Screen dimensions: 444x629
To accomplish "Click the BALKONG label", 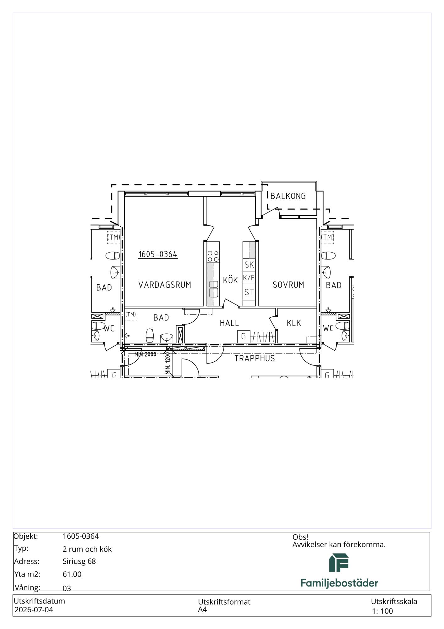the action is [x=288, y=196].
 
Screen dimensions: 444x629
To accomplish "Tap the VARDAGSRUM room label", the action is [x=165, y=285].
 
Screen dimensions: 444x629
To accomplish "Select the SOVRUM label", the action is [x=288, y=285].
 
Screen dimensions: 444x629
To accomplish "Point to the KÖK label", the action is [x=230, y=280].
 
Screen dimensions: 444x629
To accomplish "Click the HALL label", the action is [x=229, y=323].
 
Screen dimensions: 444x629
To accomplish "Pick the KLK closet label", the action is [x=294, y=323].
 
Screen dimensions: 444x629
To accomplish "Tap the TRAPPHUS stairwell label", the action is [x=255, y=359].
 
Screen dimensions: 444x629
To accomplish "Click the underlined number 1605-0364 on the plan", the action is [x=158, y=254].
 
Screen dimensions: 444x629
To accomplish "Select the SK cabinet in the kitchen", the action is [x=249, y=264].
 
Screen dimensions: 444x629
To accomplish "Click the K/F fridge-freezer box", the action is [x=249, y=278].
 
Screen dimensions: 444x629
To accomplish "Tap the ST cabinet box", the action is [x=249, y=292].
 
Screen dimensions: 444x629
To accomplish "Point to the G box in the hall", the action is [x=244, y=337].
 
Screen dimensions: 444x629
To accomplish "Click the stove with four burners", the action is [x=213, y=256].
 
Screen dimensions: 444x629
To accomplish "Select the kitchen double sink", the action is [x=214, y=289].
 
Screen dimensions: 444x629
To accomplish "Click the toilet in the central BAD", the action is [x=150, y=336].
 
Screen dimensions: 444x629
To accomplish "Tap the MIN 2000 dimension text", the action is [x=145, y=354].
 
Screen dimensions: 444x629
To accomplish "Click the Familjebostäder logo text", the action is [x=339, y=583].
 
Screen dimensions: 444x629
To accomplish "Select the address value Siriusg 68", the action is [x=79, y=561].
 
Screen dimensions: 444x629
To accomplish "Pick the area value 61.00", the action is [x=72, y=574].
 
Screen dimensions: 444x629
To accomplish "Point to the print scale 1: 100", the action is [x=382, y=611].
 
